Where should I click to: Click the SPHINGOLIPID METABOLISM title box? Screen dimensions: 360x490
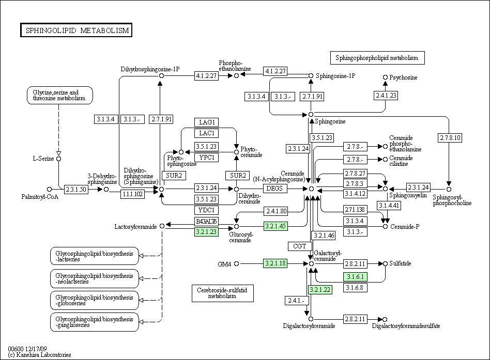[76, 30]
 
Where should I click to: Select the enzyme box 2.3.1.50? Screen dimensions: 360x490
[76, 189]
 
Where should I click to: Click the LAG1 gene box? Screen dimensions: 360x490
[207, 122]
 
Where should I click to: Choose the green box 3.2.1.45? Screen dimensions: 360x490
[275, 226]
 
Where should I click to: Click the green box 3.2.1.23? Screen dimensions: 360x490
[206, 232]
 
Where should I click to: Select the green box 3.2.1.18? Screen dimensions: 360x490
[275, 263]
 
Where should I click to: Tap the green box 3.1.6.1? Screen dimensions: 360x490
[355, 277]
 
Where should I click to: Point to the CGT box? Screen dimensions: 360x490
[300, 246]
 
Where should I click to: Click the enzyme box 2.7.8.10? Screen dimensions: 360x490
[449, 138]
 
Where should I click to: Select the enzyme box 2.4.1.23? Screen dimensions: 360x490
[386, 95]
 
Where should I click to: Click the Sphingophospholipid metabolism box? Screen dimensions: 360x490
[377, 58]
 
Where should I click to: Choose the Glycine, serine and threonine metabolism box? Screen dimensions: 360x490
[59, 95]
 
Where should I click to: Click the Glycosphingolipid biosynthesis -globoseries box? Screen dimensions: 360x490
[95, 300]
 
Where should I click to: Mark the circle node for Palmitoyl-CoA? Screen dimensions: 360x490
[50, 189]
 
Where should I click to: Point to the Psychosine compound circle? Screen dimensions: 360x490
[385, 77]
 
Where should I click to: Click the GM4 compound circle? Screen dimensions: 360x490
[237, 263]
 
